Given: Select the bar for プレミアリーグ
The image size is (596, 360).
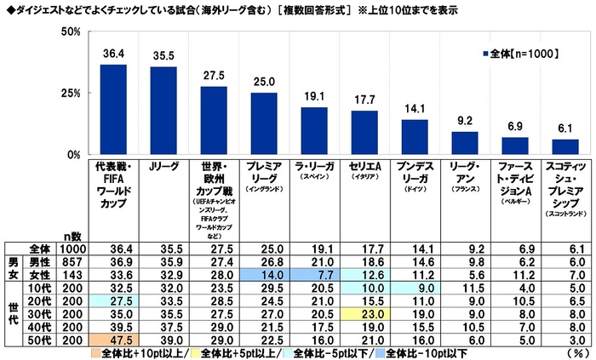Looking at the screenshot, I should click(263, 123).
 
